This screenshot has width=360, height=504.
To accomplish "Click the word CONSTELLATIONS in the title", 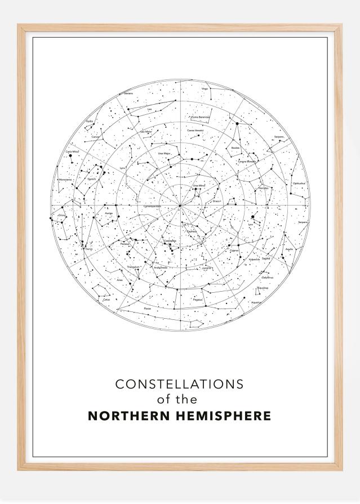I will (x=179, y=384).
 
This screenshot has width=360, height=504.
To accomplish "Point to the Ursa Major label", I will (x=164, y=153).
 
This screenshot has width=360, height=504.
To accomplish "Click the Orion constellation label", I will (x=61, y=215).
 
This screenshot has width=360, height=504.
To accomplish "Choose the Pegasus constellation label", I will (x=197, y=300).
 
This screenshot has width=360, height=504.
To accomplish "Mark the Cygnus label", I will (x=234, y=250).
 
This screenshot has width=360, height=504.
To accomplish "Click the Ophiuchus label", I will (x=299, y=184).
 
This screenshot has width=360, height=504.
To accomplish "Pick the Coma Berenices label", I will (x=201, y=117).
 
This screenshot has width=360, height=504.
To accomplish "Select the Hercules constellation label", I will (x=263, y=188).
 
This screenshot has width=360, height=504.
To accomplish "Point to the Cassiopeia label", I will (x=170, y=241).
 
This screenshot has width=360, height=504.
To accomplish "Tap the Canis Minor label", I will (x=72, y=151).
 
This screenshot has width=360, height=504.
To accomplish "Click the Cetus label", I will (x=106, y=300).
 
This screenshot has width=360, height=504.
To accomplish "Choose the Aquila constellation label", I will (x=289, y=248).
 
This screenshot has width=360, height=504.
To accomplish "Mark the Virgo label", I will (x=205, y=88).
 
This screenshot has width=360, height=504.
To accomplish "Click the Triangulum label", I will (x=133, y=266).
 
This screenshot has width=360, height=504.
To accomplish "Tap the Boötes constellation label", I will (x=235, y=148).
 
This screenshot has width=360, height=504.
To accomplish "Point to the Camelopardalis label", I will (x=152, y=206).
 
